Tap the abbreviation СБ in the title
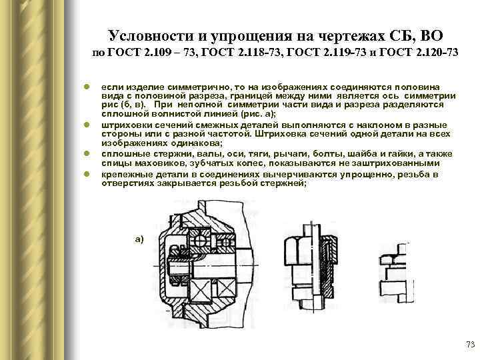(399, 34)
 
